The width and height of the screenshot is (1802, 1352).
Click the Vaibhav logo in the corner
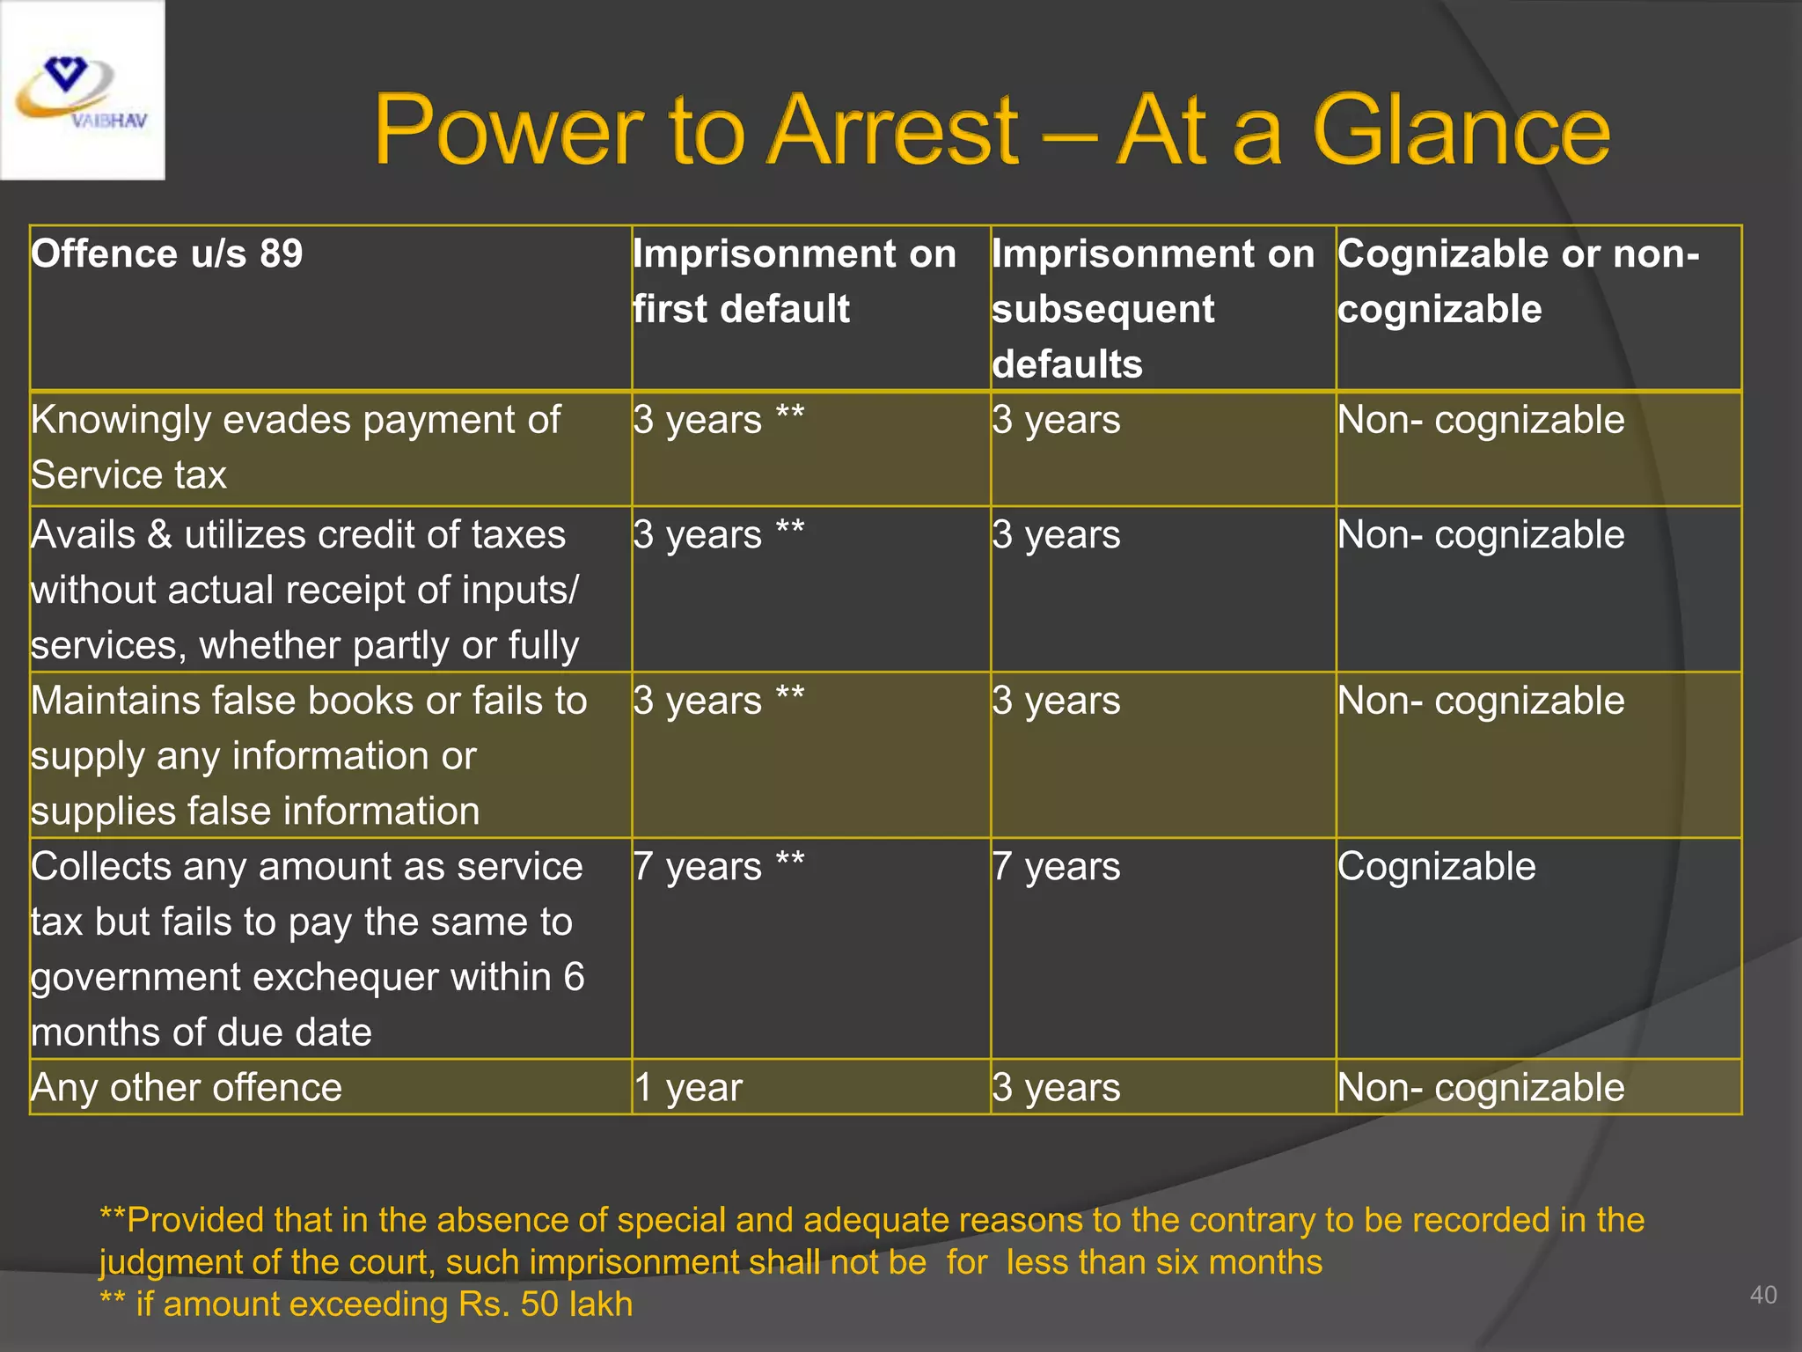[x=82, y=91]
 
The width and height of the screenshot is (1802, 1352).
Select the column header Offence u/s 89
[x=167, y=254]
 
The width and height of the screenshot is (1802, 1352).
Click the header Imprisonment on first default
[x=794, y=281]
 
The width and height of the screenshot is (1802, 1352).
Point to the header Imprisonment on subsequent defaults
[x=1153, y=308]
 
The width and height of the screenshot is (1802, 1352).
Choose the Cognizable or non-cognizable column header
[x=1518, y=281]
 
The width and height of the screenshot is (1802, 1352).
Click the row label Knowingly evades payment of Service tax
[x=295, y=447]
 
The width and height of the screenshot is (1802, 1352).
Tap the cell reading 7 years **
[x=718, y=867]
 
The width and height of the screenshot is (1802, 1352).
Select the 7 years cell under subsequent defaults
[x=1056, y=867]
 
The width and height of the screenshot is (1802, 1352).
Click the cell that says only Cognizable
[x=1436, y=867]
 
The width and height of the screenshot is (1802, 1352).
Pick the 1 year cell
[x=688, y=1088]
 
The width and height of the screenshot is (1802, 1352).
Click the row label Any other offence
[x=187, y=1088]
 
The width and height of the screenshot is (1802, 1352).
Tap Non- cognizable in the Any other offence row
[x=1480, y=1088]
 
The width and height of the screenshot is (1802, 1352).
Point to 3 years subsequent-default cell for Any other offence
[x=1056, y=1088]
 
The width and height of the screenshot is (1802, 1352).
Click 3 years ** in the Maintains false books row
[x=718, y=702]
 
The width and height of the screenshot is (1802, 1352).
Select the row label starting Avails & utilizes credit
[x=304, y=590]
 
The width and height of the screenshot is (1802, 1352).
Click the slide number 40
[x=1763, y=1295]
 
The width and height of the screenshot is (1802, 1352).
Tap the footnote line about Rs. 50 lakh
[x=366, y=1304]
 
